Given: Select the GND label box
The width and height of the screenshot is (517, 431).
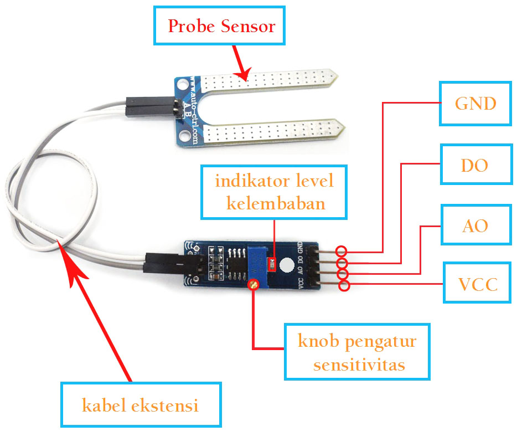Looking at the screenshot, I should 475,104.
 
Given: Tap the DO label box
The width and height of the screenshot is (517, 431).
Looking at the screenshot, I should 475,165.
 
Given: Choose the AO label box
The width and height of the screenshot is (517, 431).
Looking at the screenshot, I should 475,225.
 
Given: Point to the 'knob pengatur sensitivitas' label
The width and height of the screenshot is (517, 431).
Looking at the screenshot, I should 356,351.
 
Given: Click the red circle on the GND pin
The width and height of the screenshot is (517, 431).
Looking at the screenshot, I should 342,251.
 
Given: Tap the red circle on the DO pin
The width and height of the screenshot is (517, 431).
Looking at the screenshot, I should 342,263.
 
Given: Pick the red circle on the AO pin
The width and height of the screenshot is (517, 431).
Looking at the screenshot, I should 343,274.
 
